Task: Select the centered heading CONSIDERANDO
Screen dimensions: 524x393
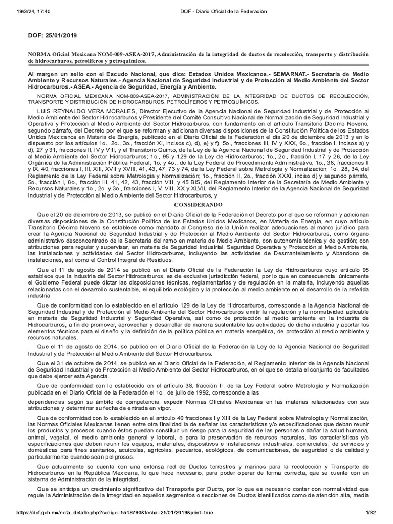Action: (x=196, y=204)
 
